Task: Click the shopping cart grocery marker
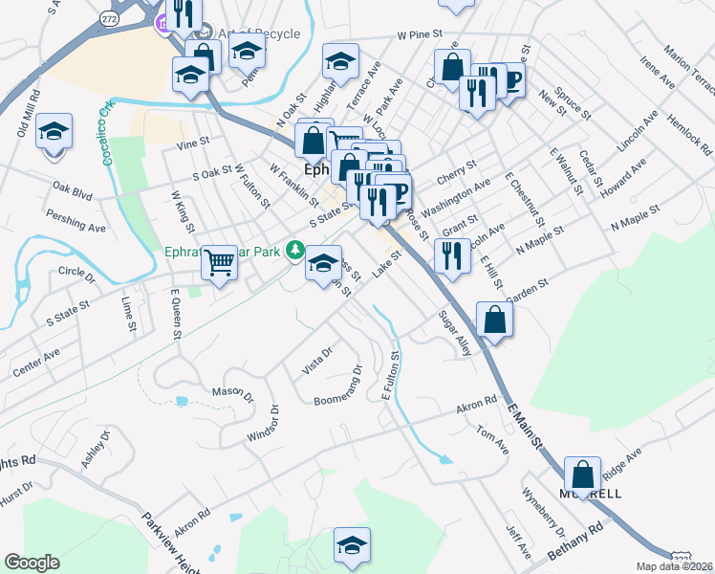220,261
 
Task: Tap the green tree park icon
296,252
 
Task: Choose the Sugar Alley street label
454,333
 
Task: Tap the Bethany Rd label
576,540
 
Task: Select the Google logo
32,562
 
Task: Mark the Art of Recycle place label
258,33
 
